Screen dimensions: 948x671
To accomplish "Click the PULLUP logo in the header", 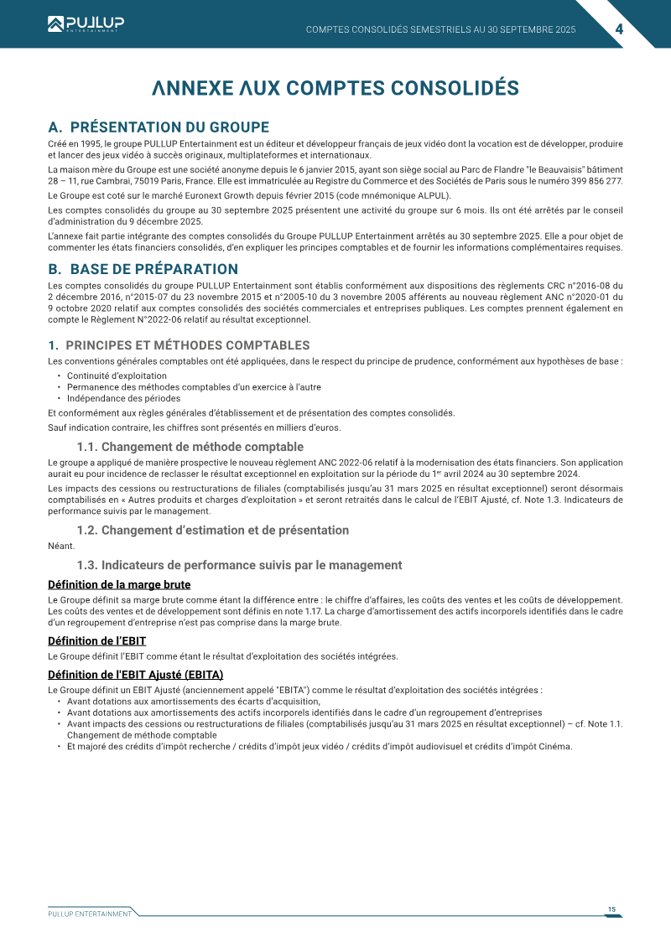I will click(x=86, y=24).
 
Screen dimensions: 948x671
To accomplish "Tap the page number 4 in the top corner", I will click(x=619, y=29).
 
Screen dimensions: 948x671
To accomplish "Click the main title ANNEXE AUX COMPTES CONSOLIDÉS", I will click(x=335, y=88).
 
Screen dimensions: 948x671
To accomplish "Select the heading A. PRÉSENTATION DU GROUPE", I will click(x=159, y=127).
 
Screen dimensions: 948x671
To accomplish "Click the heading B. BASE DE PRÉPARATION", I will click(x=143, y=269).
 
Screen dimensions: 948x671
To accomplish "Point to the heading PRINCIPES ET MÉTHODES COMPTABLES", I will click(x=187, y=345).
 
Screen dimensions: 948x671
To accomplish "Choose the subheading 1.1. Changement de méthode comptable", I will click(x=190, y=447).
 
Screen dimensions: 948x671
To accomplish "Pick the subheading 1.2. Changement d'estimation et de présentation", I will click(x=213, y=530).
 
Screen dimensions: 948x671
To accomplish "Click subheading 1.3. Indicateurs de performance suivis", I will click(x=239, y=565).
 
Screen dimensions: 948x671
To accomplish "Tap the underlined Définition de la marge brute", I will click(x=119, y=584).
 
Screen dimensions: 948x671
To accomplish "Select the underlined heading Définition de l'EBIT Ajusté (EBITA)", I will click(x=136, y=675).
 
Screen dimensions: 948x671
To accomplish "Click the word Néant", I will click(x=61, y=547).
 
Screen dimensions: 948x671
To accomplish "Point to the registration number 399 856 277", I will click(x=596, y=181).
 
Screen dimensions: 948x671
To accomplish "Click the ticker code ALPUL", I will click(x=430, y=195).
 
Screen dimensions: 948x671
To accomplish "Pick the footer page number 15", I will click(x=612, y=909).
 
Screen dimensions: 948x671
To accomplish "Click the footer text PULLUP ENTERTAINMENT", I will click(x=90, y=914).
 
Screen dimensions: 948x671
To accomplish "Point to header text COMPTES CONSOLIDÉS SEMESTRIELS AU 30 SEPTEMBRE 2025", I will click(x=441, y=29).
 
